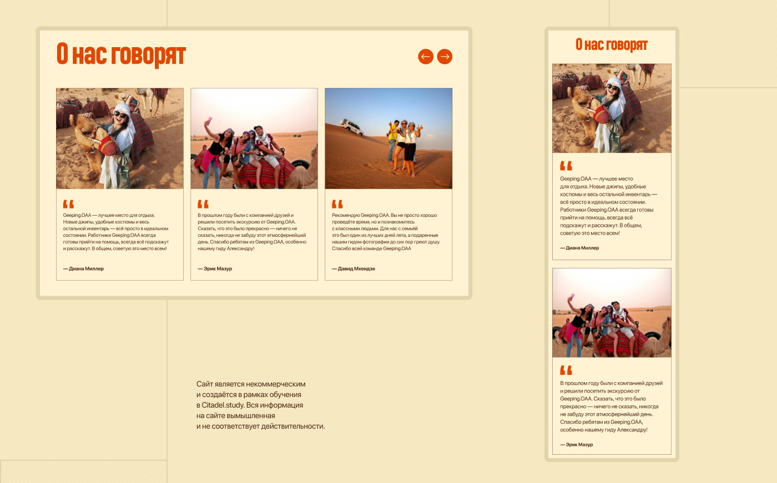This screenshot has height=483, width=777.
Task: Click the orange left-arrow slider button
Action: (x=426, y=57)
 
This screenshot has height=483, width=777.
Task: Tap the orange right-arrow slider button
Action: (x=445, y=57)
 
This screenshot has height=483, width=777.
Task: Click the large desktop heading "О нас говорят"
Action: (x=121, y=54)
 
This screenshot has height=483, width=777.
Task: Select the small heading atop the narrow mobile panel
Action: (x=612, y=45)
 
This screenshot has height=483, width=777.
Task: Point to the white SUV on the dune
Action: (x=351, y=126)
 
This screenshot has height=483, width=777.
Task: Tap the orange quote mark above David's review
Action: (x=337, y=204)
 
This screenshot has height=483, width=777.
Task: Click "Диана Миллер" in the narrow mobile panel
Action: (x=582, y=248)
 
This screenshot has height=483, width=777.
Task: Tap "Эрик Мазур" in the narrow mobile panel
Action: (x=579, y=445)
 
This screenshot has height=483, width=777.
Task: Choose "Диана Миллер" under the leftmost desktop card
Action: (x=86, y=269)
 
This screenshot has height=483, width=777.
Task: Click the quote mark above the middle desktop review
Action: (x=203, y=204)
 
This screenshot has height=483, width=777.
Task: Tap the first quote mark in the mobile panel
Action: (x=566, y=166)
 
